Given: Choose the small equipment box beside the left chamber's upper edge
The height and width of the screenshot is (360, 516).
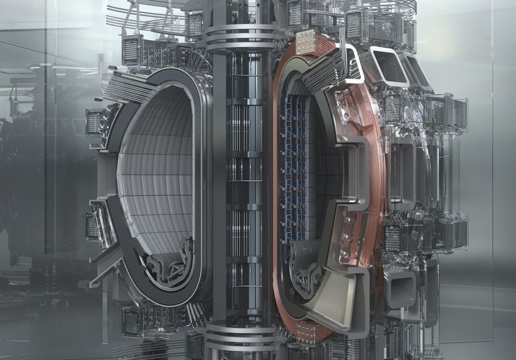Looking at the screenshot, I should point(95,122).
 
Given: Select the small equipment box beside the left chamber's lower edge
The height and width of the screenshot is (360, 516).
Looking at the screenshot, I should point(93,226).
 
